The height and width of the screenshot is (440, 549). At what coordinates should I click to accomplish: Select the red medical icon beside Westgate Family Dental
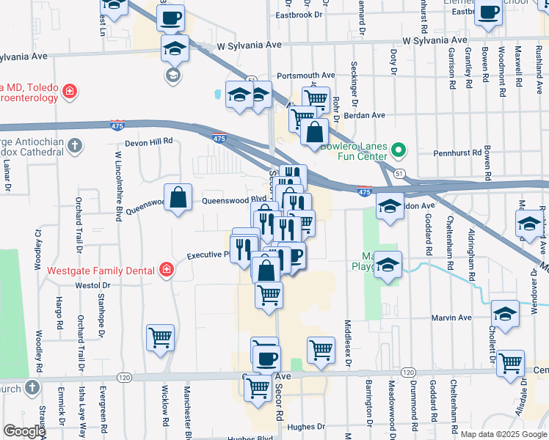point(167,270)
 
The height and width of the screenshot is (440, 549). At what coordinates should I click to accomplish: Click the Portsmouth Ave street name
point(306,76)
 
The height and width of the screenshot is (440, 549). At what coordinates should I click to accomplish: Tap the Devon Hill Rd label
point(148,142)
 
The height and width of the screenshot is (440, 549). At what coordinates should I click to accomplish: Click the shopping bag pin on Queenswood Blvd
point(178,198)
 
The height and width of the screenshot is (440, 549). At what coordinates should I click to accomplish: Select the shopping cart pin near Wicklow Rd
point(160,338)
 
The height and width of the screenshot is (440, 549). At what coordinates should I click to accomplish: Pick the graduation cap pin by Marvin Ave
point(505,314)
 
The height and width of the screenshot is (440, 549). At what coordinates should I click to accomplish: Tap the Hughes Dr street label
point(306,427)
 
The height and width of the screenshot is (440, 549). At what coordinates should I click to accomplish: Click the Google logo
point(24,431)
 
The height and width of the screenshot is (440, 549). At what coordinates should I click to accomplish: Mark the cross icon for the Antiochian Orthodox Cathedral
point(74,145)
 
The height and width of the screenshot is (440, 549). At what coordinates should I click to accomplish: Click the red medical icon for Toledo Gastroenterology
point(69,92)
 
